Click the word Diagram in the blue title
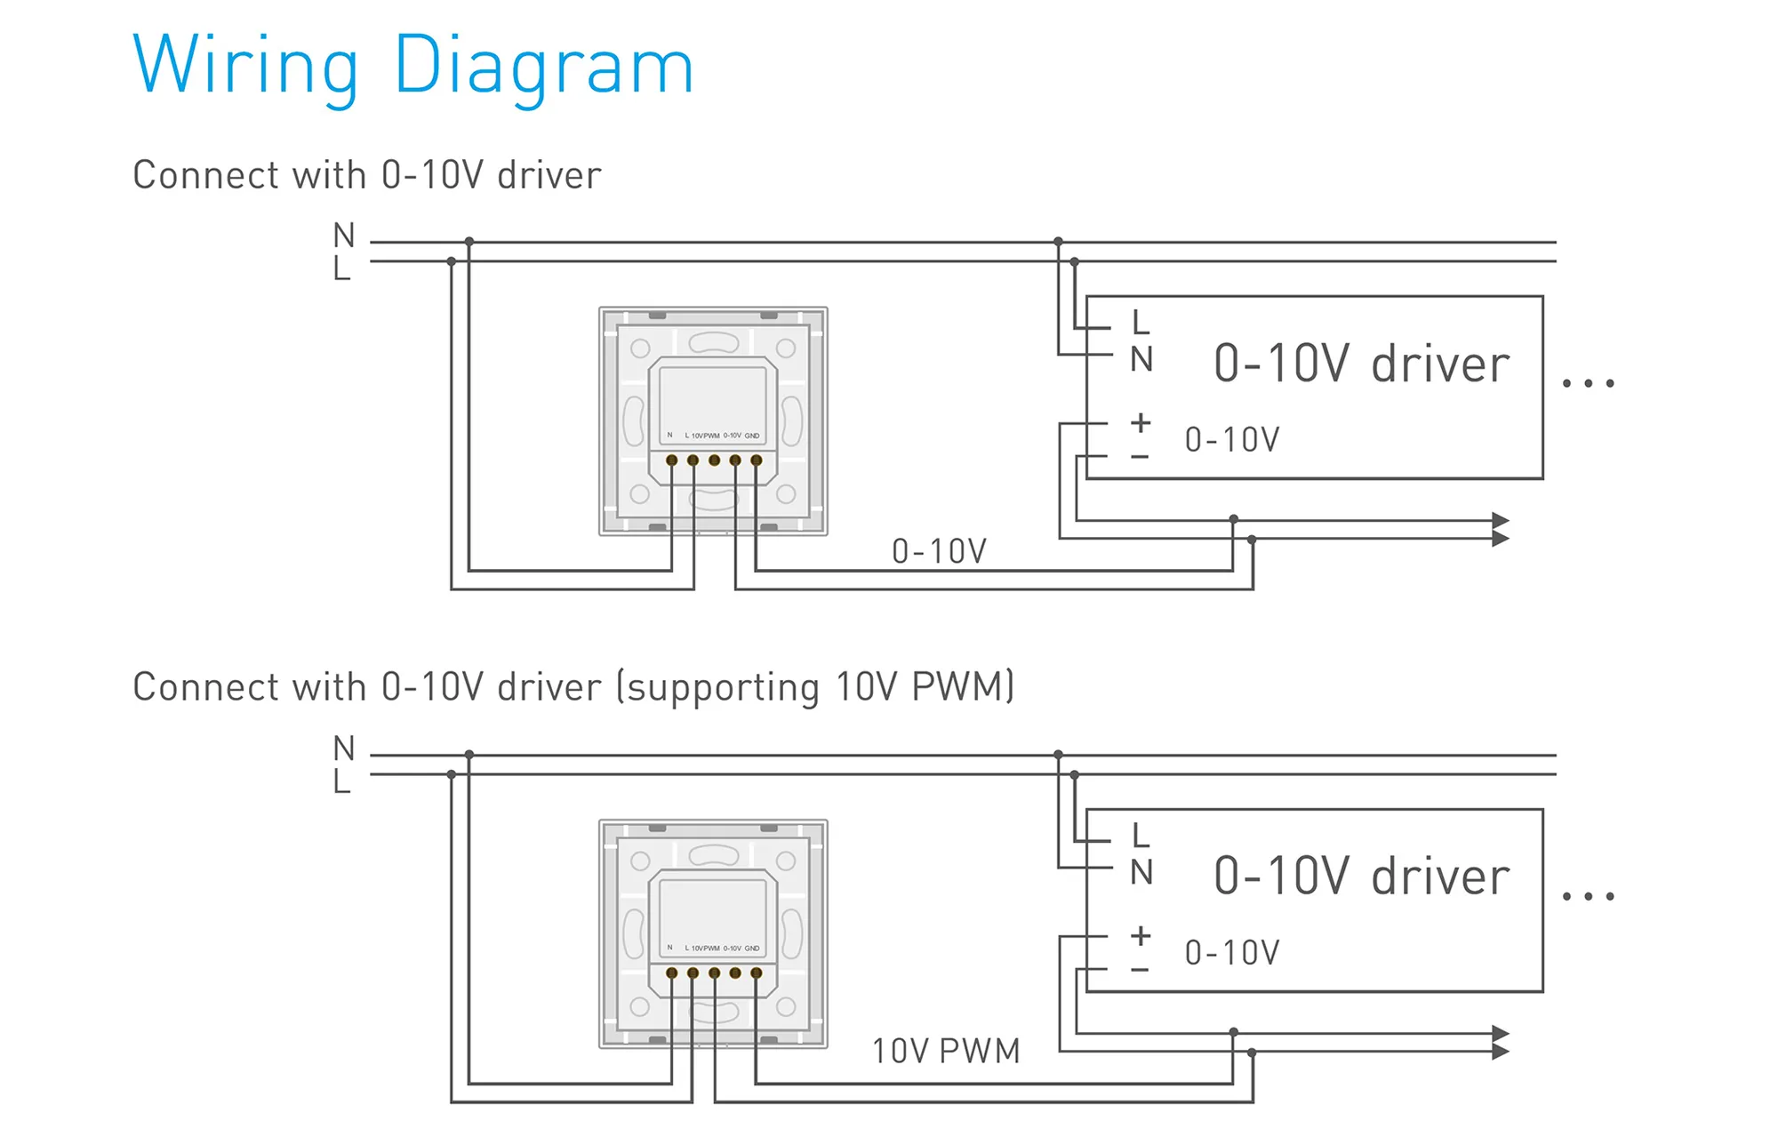[x=543, y=66]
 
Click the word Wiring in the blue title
[x=246, y=66]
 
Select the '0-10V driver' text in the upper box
[x=1361, y=364]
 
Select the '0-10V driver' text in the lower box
[x=1361, y=877]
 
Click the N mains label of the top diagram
[x=344, y=236]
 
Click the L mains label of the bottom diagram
[x=342, y=782]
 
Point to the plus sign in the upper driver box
[x=1141, y=423]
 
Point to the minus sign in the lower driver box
[x=1140, y=970]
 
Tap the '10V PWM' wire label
[x=946, y=1052]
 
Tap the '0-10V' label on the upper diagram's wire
[x=939, y=552]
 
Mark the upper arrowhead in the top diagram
[x=1501, y=521]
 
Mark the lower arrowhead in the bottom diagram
[x=1501, y=1052]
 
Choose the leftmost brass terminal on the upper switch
[x=672, y=460]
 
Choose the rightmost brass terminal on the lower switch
[x=757, y=973]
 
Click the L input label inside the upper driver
[x=1141, y=322]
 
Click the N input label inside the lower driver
[x=1141, y=873]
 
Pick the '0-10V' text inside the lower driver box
[x=1232, y=953]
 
